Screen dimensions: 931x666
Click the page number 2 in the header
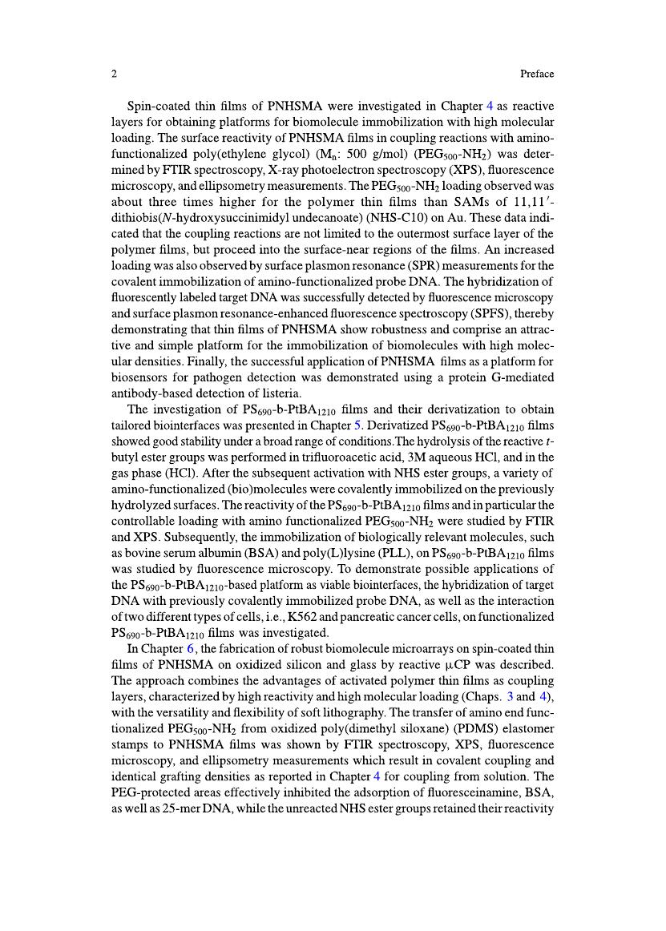pos(115,75)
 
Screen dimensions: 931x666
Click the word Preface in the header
pos(537,75)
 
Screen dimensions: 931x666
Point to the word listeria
pos(276,393)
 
